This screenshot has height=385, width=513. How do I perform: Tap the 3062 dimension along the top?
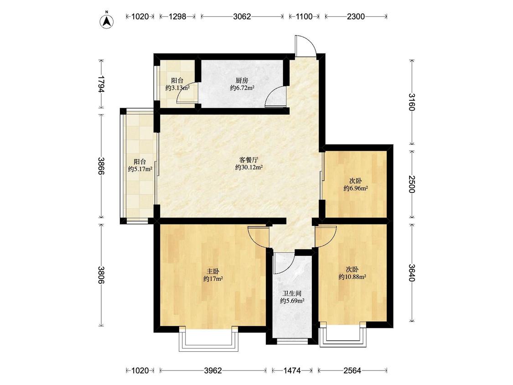(242, 16)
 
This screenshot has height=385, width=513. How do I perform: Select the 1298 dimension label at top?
(177, 16)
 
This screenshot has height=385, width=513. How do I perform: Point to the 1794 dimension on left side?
(101, 84)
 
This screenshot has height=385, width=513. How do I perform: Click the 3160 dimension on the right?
(412, 102)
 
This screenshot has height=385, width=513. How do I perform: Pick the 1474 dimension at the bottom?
(292, 370)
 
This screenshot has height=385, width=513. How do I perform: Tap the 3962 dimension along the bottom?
(213, 370)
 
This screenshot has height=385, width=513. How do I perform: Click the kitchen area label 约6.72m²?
(243, 88)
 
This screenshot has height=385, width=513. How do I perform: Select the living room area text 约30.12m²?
(249, 167)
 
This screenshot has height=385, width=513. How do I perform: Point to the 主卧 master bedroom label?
(213, 271)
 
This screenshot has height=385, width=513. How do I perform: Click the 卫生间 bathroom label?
(292, 294)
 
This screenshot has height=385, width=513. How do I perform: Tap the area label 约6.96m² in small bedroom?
(356, 188)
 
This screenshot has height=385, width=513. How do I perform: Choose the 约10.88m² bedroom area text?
(352, 277)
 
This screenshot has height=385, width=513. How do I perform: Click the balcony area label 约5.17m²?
(140, 169)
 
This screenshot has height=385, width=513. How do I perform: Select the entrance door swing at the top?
(306, 47)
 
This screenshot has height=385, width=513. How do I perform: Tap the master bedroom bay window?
(208, 339)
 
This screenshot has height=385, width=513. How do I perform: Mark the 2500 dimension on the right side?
(412, 184)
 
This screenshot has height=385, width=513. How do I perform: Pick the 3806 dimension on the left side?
(101, 275)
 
